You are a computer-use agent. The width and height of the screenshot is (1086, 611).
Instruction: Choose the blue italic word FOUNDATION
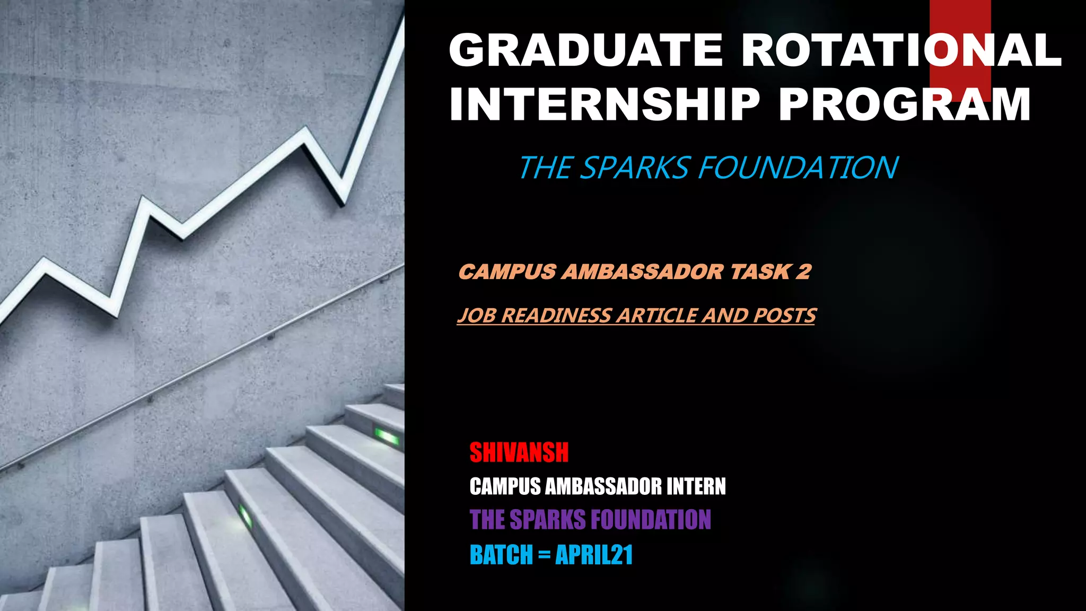click(798, 168)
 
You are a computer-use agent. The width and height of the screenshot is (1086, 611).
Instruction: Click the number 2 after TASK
click(803, 272)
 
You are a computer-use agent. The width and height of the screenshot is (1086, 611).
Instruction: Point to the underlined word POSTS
click(784, 316)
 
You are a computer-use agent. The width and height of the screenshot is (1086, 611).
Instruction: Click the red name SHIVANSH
click(519, 452)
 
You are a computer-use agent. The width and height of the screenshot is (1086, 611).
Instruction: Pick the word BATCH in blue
click(501, 555)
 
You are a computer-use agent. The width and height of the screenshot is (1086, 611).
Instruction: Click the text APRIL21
click(594, 555)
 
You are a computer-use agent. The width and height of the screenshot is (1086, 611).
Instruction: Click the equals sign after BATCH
click(544, 555)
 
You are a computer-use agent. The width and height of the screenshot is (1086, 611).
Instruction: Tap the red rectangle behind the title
click(960, 16)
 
